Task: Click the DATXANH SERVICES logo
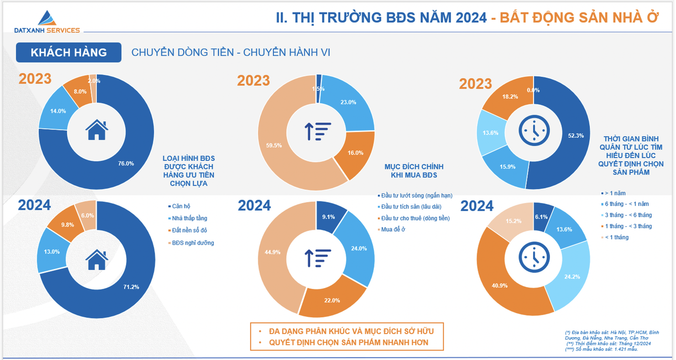coord(47,22)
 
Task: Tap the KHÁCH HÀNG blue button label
coord(69,53)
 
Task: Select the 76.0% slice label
coord(126,163)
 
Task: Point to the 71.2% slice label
coord(131,287)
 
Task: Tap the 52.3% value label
coord(576,136)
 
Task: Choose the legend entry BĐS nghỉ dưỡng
coord(193,243)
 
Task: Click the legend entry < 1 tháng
coord(617,237)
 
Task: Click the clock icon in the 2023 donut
coord(534,130)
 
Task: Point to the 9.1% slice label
coord(328,217)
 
